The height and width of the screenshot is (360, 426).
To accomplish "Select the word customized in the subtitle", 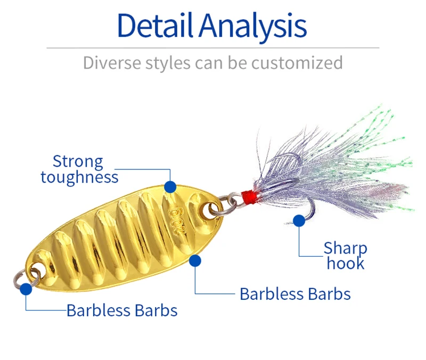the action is (x=297, y=63).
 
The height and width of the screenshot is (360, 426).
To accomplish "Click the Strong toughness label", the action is (x=79, y=169).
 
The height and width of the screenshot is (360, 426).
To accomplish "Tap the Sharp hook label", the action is (x=346, y=255).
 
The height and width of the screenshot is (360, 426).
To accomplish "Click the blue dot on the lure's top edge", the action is (x=170, y=186).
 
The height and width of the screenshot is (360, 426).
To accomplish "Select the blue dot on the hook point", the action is (x=300, y=219).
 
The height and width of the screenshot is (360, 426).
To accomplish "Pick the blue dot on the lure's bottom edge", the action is (x=195, y=260).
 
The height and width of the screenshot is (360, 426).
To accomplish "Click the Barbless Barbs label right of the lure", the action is (x=295, y=293).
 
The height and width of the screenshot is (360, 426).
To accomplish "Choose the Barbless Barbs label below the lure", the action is (x=122, y=310).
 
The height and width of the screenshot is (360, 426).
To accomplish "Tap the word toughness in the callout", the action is (x=79, y=177).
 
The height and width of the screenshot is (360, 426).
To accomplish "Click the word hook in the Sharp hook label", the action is (x=346, y=263).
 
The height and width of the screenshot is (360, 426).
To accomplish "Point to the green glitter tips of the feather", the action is (x=381, y=128).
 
